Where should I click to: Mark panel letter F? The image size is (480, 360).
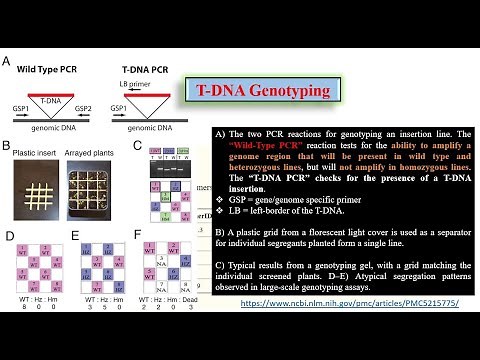point(137,236)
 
